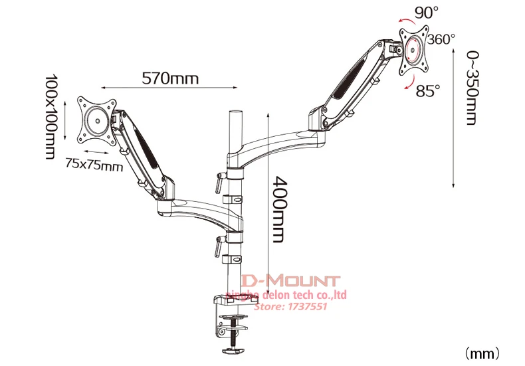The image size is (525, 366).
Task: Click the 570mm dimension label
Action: tap(170, 78)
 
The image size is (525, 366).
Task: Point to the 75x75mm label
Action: tap(94, 165)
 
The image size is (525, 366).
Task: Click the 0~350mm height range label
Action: tap(471, 88)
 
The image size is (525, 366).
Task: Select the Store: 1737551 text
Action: tap(296, 307)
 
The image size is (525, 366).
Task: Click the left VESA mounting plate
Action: tap(96, 120)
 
